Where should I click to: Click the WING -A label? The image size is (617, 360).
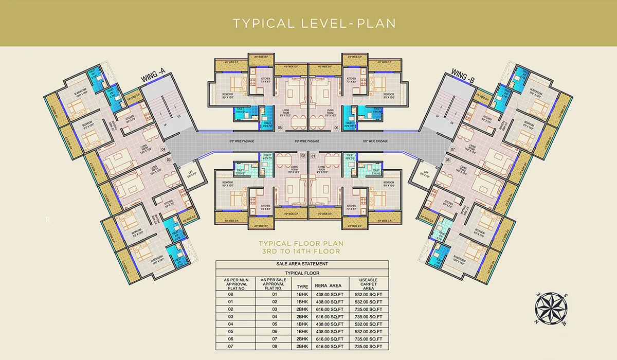point(152,78)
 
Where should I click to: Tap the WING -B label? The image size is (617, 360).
point(463,78)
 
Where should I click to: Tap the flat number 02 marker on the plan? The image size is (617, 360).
point(303,156)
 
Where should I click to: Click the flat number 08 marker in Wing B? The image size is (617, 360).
point(447,160)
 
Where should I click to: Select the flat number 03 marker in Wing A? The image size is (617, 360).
point(168,160)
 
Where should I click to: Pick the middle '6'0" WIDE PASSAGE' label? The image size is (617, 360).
point(307,141)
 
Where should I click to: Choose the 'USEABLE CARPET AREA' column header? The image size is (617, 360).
point(369,284)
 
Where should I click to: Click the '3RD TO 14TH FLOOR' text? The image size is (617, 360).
point(301,251)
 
